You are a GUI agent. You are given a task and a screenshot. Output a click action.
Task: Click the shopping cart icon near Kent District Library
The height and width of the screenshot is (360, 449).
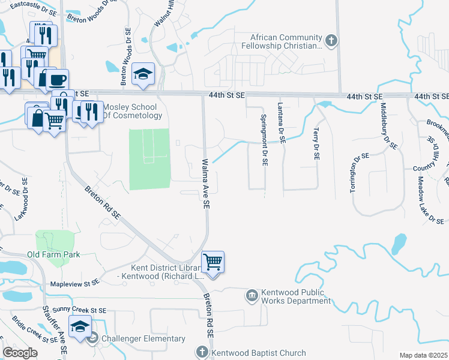[212, 262]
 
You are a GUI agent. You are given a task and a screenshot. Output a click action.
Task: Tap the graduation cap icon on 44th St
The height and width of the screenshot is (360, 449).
[143, 74]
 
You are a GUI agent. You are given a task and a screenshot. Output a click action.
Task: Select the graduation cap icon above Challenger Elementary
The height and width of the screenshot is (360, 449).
[80, 326]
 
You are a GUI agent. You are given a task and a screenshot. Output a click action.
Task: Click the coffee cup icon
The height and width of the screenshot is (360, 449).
[57, 80]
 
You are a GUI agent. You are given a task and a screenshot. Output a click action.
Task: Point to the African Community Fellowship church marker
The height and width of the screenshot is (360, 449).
[331, 41]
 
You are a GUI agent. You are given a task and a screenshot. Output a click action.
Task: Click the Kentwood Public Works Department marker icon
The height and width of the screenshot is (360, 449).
[252, 295]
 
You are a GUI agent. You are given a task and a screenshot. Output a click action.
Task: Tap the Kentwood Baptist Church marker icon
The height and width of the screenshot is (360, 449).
[202, 353]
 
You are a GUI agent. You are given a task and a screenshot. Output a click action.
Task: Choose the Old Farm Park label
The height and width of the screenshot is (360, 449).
[53, 255]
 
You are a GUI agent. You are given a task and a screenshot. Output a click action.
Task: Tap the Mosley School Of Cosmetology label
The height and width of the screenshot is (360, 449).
[133, 111]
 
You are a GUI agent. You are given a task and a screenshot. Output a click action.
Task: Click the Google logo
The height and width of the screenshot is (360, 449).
[20, 353]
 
